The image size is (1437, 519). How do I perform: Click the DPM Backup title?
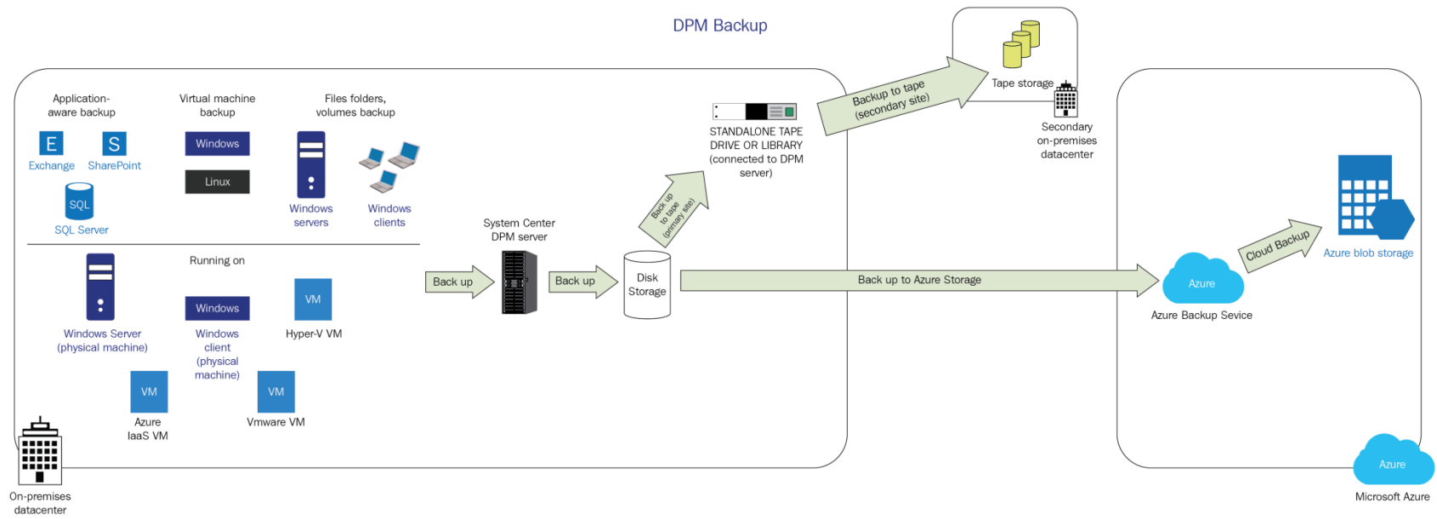(x=719, y=26)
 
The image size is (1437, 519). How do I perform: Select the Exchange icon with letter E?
(x=51, y=144)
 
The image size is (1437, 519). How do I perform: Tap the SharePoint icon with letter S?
(x=114, y=144)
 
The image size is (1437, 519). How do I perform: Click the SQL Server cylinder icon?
(x=79, y=202)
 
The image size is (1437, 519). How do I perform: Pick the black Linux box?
(x=218, y=181)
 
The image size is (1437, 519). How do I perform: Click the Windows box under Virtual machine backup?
(x=218, y=143)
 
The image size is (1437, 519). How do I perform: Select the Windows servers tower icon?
(x=311, y=165)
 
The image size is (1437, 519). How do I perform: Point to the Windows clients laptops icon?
(x=390, y=167)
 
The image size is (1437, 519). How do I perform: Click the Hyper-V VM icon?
(x=313, y=299)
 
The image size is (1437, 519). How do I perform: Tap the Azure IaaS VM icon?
(x=149, y=391)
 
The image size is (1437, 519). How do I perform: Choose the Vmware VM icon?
(x=275, y=391)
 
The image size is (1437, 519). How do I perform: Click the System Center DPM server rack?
(x=519, y=282)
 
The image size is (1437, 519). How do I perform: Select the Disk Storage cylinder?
(x=647, y=285)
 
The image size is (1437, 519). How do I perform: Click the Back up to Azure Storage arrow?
(x=918, y=280)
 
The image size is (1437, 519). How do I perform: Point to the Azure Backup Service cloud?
(x=1201, y=280)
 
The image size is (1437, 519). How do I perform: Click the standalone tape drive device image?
(x=754, y=111)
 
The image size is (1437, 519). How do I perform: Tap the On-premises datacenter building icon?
(x=39, y=451)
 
